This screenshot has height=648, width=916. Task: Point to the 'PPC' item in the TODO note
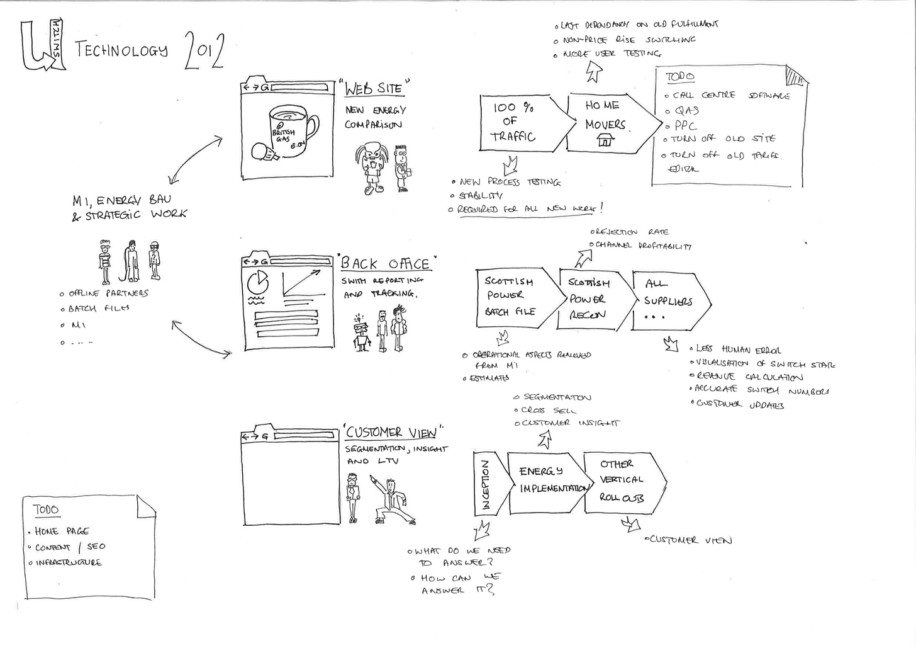[x=685, y=125]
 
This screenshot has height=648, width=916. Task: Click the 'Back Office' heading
[x=387, y=263]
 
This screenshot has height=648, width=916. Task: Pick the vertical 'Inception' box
[x=486, y=484]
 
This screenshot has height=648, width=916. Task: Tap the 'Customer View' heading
[x=391, y=432]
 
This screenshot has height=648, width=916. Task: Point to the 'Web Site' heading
[x=377, y=88]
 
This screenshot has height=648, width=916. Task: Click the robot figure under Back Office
[x=361, y=334]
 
